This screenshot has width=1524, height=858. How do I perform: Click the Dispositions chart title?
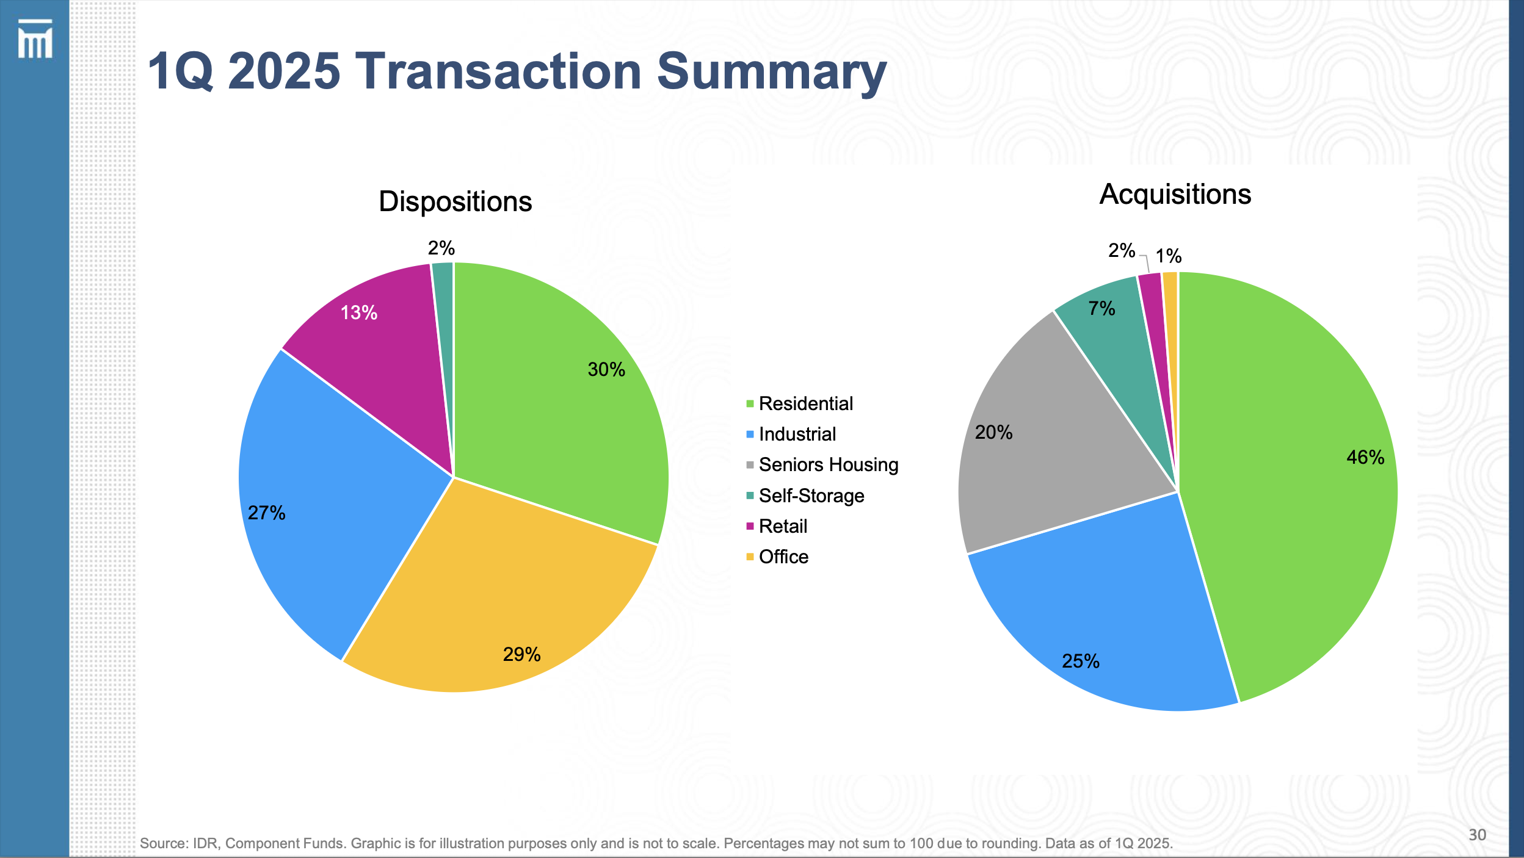click(455, 201)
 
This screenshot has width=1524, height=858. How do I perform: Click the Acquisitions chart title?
click(1175, 194)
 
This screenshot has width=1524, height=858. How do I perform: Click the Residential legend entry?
click(805, 404)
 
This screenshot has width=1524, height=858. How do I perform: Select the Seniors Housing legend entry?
click(828, 465)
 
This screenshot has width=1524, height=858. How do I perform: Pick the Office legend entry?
click(783, 557)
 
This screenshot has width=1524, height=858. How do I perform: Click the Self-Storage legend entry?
click(811, 496)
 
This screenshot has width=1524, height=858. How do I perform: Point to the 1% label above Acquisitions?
click(1168, 256)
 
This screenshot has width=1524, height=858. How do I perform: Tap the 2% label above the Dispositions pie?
click(441, 248)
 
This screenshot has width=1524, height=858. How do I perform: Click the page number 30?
click(1477, 835)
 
